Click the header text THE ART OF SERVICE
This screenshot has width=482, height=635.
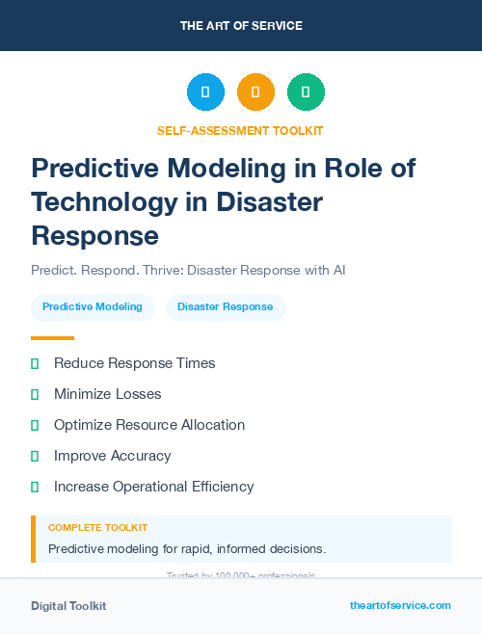(241, 26)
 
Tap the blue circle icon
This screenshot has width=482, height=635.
(205, 92)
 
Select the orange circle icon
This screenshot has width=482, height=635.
(255, 92)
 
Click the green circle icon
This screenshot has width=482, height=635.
(306, 92)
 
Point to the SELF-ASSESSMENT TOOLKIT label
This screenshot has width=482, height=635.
(240, 130)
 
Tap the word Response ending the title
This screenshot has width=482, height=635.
(94, 235)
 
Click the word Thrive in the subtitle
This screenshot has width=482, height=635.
(162, 270)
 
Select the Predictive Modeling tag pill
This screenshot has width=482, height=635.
(93, 307)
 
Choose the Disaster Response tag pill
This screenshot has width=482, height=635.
(226, 307)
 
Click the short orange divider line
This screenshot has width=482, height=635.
(52, 338)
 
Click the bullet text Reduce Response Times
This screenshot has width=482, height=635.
(134, 363)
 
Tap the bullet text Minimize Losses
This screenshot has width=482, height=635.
(107, 394)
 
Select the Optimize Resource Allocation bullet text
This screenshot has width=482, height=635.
(149, 425)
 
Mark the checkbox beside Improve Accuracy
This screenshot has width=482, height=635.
(35, 456)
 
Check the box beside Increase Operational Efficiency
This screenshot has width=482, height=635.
(35, 487)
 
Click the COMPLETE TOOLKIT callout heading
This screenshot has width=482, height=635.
(97, 528)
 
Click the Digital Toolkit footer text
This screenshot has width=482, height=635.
(68, 606)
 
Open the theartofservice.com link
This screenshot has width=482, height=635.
(400, 605)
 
